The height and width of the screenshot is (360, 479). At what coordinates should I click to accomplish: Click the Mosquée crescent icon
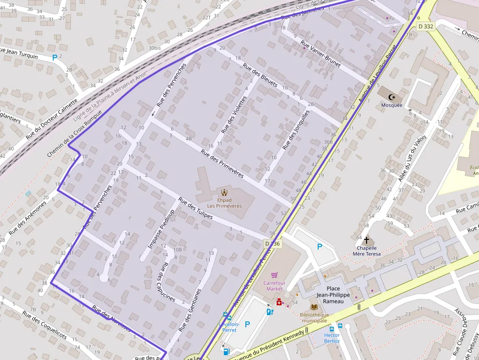[x=392, y=97]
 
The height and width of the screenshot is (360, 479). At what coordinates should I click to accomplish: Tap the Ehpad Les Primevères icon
[x=224, y=192]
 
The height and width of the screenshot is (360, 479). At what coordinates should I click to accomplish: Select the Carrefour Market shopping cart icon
[x=274, y=275]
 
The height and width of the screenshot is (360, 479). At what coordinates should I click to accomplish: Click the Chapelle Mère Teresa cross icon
[x=367, y=240]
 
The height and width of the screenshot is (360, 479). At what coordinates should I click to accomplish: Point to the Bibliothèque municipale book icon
[x=314, y=307]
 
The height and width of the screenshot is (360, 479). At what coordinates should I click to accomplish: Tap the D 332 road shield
[x=426, y=26]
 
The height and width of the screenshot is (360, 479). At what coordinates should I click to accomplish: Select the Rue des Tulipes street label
[x=196, y=208]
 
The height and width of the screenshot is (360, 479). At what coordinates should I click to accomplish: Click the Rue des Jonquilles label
[x=296, y=129]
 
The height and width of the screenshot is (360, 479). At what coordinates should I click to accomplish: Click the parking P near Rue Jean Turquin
[x=55, y=58]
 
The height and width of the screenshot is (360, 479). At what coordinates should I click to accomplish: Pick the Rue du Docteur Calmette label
[x=51, y=119]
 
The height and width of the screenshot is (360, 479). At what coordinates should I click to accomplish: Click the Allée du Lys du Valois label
[x=412, y=158]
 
